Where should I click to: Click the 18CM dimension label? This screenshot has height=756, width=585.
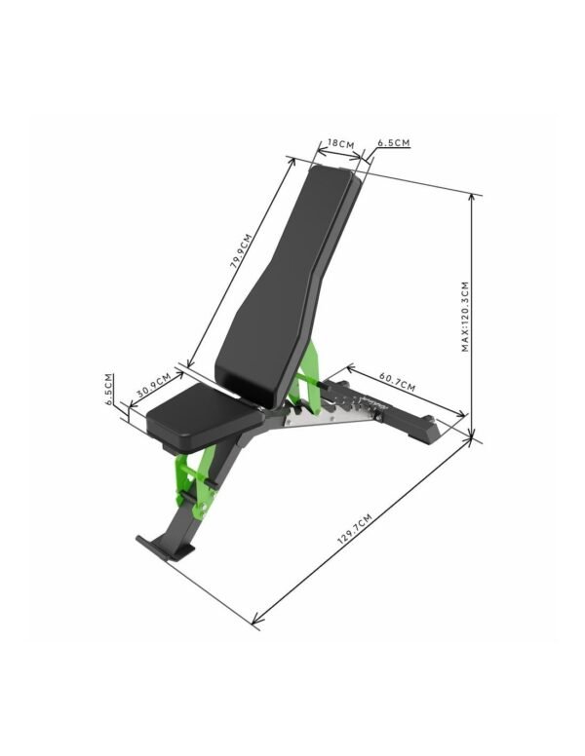point(341,143)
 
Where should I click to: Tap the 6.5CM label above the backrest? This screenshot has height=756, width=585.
point(394,142)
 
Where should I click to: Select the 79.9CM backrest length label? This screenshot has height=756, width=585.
point(242,256)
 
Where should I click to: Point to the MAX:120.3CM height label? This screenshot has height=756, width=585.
point(465,317)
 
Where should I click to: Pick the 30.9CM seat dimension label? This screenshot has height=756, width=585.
point(153,385)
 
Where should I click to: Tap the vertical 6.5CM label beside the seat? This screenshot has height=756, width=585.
point(109,389)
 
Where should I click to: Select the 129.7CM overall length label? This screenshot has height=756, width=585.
point(355,529)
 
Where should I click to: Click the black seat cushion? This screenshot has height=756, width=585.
point(204,417)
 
